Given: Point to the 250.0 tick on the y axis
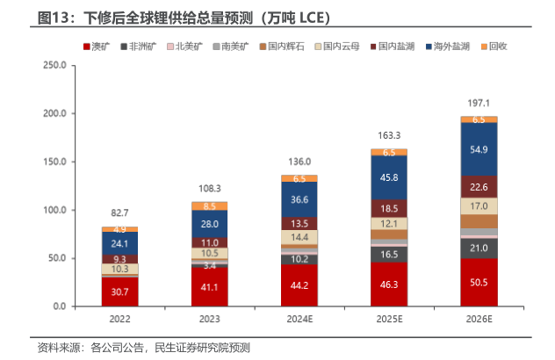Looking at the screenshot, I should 54,66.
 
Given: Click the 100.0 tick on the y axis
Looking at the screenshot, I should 54,211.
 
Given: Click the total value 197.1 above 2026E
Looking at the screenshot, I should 479,103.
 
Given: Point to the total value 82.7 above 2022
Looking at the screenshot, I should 119,213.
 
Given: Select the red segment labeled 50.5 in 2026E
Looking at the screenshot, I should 479,283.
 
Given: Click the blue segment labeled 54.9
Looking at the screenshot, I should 479,149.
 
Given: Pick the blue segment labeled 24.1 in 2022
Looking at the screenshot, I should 119,243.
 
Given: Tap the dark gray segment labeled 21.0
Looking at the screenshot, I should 479,248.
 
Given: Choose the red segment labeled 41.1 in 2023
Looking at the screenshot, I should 209,287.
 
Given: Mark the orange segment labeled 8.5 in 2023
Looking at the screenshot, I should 209,206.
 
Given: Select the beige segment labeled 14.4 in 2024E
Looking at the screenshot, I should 299,238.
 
